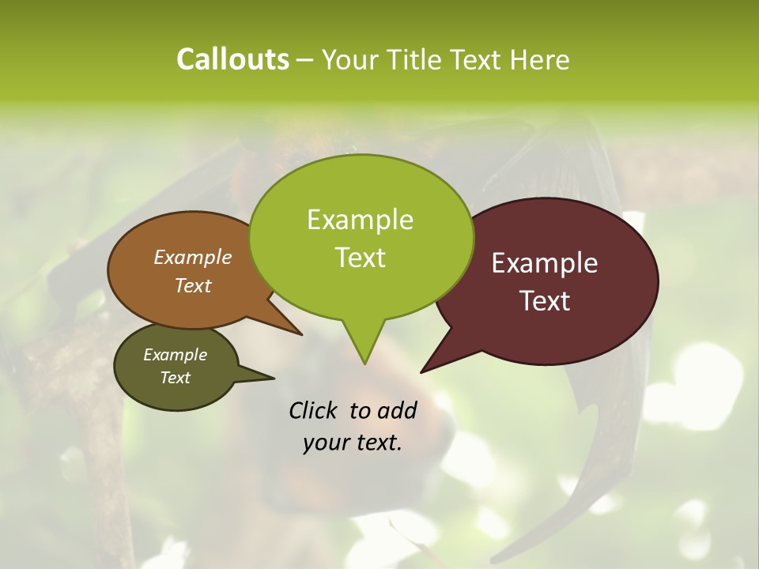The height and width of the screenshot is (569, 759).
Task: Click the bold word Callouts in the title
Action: click(232, 59)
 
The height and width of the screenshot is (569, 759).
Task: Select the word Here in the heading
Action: click(540, 59)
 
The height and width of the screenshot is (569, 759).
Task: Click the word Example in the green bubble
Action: click(360, 220)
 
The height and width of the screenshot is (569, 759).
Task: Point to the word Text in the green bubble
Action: click(360, 258)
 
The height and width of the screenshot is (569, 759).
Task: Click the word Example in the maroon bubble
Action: click(545, 263)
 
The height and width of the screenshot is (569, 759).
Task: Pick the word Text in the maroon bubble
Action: click(545, 301)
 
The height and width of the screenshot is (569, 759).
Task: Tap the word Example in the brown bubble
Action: click(193, 257)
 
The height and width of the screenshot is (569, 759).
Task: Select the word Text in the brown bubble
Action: click(193, 285)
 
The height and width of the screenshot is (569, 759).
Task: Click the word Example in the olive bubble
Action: click(176, 355)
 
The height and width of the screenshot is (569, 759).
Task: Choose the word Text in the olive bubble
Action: click(176, 378)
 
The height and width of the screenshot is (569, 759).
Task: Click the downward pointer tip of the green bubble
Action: click(364, 363)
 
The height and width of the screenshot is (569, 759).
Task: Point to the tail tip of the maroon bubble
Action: click(422, 371)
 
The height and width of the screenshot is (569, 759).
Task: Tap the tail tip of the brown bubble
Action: click(300, 334)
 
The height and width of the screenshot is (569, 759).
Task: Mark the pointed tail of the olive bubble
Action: click(273, 378)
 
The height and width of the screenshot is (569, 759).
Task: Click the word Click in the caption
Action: click(314, 410)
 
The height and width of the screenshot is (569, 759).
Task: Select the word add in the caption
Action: click(397, 410)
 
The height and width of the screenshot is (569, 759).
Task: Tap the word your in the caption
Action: click(324, 443)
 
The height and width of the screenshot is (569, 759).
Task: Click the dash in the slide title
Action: click(306, 59)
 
